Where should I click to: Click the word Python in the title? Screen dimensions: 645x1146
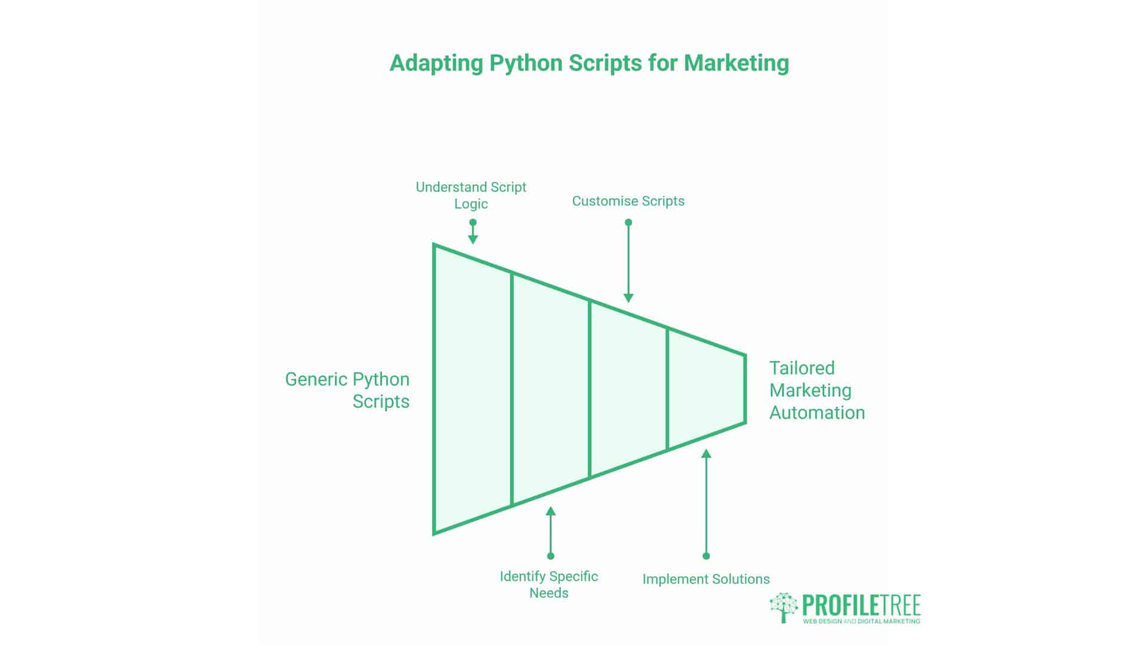coord(526,63)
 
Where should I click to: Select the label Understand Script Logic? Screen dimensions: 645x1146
coord(471,195)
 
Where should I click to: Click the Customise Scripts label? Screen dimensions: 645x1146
coord(628,201)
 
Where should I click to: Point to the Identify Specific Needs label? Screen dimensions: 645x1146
coord(549,584)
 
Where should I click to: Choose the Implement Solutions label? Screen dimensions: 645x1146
coord(706,579)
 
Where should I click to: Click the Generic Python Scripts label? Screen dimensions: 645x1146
coord(347,390)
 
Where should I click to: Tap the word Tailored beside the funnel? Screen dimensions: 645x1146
coord(802,368)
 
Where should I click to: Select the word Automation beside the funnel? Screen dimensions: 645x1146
coord(817,413)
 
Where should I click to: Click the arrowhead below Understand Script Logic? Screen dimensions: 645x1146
coord(473,239)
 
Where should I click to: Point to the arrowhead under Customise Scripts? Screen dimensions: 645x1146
coord(628,297)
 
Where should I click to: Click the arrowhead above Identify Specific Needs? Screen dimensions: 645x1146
coord(550,511)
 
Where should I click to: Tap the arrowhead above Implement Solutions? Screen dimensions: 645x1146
coord(706,454)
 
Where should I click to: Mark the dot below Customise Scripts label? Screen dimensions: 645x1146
coord(628,222)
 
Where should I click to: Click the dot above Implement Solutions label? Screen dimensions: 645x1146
coord(706,556)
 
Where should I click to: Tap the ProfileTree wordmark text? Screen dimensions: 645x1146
coord(861,605)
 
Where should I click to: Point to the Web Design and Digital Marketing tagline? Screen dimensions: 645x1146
coord(861,622)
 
